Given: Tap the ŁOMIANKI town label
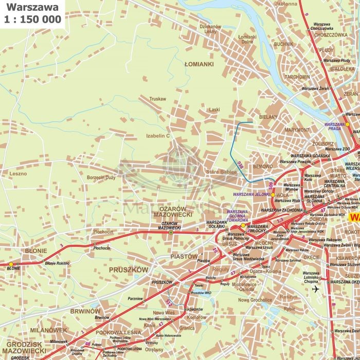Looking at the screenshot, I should coord(199,65).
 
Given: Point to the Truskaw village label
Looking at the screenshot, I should coord(157,98).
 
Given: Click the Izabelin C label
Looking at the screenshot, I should coord(157,136).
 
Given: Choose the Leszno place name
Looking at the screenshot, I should coord(17,174).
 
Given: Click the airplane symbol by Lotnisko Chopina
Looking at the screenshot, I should coord(315,289).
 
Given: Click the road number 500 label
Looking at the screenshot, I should coord(270,185).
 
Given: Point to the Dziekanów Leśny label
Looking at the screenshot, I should coord(210,29).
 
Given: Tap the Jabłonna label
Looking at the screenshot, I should coord(287,4).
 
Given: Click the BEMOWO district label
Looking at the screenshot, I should coord(263,167).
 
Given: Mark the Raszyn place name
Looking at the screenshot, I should coord(289,297).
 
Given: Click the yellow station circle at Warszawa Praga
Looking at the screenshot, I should coord(347,124).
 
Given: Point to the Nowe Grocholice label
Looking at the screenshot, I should coord(255,300).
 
